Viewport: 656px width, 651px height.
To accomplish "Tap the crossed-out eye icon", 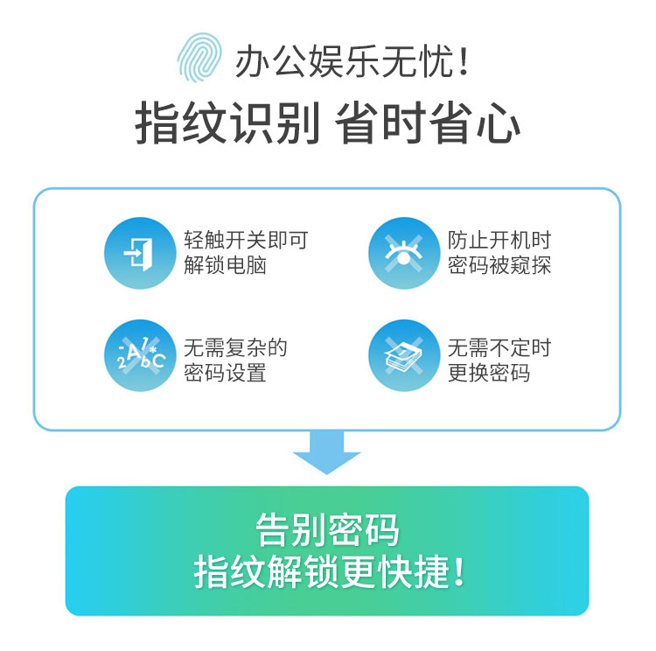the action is coord(402,253).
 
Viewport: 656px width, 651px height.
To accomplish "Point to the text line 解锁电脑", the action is coord(225,266).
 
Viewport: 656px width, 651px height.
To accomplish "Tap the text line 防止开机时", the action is coord(499,240).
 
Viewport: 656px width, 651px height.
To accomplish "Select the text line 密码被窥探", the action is coord(499,266).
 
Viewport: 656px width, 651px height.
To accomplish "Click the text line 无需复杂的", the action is coord(235,346).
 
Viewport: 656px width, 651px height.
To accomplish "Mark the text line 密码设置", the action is coord(225,373).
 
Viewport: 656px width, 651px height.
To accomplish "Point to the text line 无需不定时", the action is coord(499,346).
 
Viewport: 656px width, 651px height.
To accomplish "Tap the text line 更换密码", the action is coord(489,373).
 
